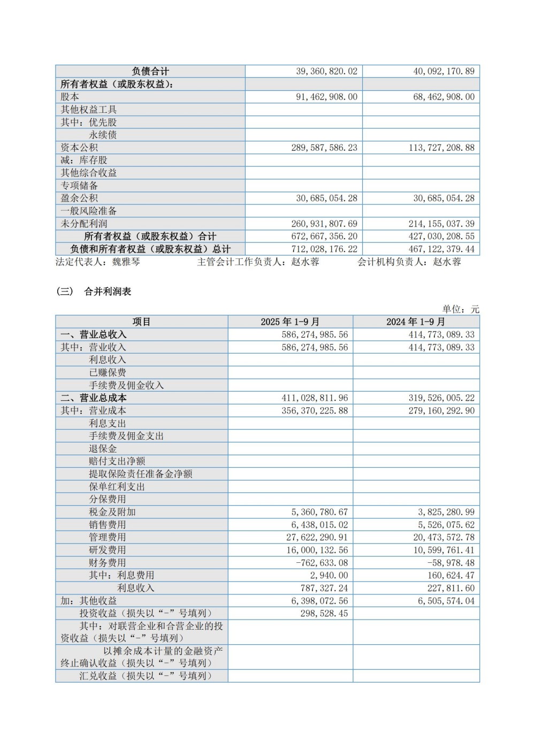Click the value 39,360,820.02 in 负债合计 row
(x=326, y=71)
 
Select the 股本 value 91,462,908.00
(x=326, y=97)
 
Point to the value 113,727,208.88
(x=441, y=148)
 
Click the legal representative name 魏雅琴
(x=126, y=262)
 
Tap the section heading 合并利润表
(x=108, y=292)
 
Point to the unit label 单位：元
(x=461, y=309)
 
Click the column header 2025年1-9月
(x=290, y=322)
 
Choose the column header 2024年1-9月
(x=416, y=322)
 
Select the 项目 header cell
(x=142, y=322)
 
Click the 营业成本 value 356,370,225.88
(x=315, y=411)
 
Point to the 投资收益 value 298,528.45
(x=324, y=614)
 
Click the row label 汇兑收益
(x=98, y=676)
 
